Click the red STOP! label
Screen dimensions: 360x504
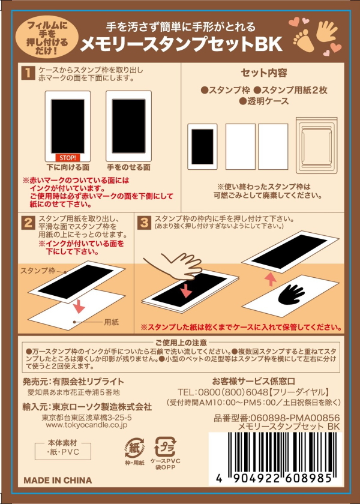(x=67, y=158)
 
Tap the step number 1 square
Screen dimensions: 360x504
(x=28, y=73)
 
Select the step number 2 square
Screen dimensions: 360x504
(x=28, y=223)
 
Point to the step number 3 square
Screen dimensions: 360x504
(x=144, y=223)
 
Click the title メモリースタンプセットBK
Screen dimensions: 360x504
(x=181, y=45)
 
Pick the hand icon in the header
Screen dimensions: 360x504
(x=326, y=32)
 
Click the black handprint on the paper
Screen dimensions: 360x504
(x=291, y=294)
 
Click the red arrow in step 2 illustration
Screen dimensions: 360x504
(x=79, y=305)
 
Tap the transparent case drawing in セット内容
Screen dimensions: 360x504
(x=316, y=145)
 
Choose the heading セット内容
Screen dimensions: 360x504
(x=264, y=73)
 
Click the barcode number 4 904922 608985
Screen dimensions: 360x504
(x=274, y=479)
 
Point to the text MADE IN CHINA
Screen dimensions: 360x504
(x=58, y=480)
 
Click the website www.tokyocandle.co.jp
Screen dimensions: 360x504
(x=86, y=425)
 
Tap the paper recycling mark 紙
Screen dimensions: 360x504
(x=134, y=448)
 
